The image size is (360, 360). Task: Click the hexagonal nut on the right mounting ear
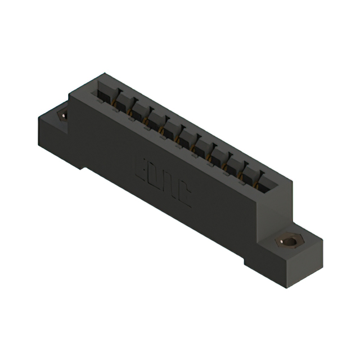288,242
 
